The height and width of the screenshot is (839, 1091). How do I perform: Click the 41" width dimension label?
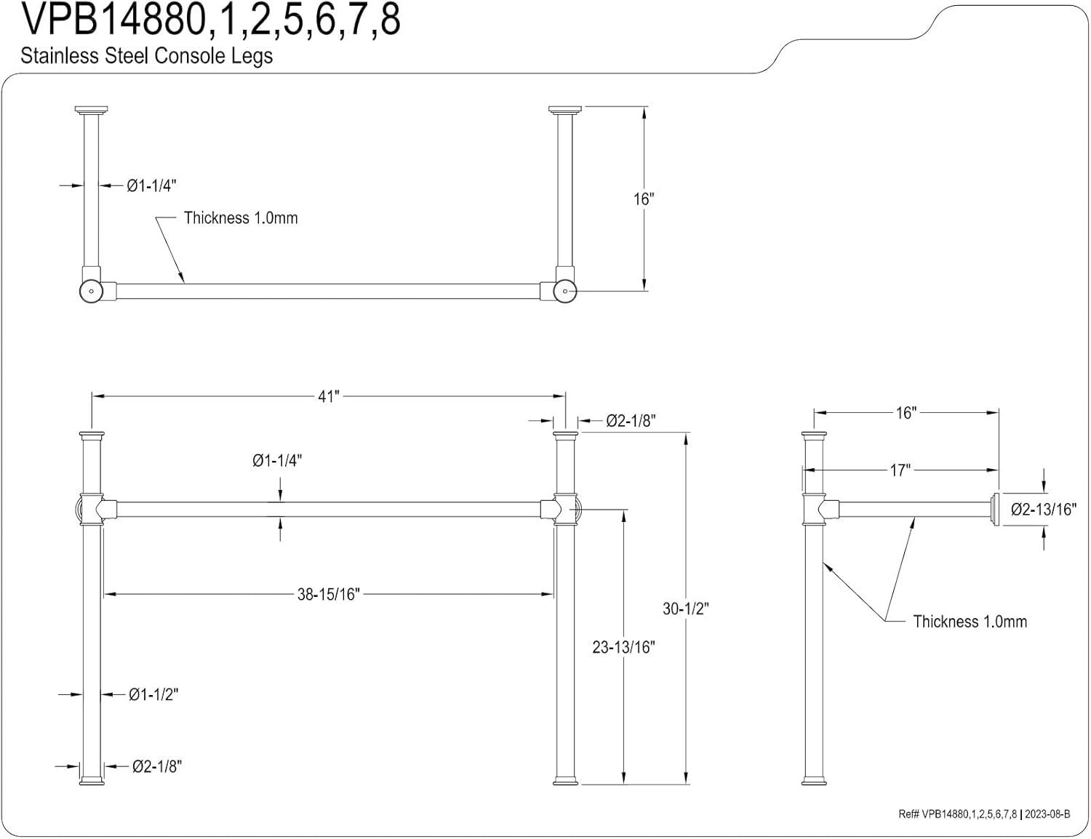[328, 396]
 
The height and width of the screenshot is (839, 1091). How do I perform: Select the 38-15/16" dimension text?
[328, 594]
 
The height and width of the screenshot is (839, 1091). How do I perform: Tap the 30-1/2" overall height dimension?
[684, 609]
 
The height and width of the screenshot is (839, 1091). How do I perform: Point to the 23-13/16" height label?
[623, 646]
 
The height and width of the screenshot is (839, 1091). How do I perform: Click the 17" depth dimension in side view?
[900, 470]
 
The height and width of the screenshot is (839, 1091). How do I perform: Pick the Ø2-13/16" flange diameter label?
[1042, 509]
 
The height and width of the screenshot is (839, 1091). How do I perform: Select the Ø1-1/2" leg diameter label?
[153, 694]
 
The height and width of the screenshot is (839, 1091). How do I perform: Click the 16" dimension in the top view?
[644, 198]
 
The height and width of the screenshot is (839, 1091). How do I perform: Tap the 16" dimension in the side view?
[906, 413]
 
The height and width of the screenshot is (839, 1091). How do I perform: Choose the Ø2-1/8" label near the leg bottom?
[156, 766]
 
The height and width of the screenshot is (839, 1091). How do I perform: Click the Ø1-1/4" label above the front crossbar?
[277, 460]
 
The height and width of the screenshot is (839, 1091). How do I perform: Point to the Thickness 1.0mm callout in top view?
[241, 218]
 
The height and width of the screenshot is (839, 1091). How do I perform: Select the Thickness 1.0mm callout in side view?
[970, 621]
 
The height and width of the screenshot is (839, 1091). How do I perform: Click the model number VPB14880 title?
[211, 20]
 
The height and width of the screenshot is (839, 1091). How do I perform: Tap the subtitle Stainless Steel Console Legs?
[147, 56]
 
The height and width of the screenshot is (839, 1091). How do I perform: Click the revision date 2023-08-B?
[1047, 814]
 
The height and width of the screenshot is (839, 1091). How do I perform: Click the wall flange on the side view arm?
[994, 509]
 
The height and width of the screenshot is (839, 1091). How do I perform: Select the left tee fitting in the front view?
[91, 509]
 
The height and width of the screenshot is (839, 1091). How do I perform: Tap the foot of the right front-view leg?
[565, 781]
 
